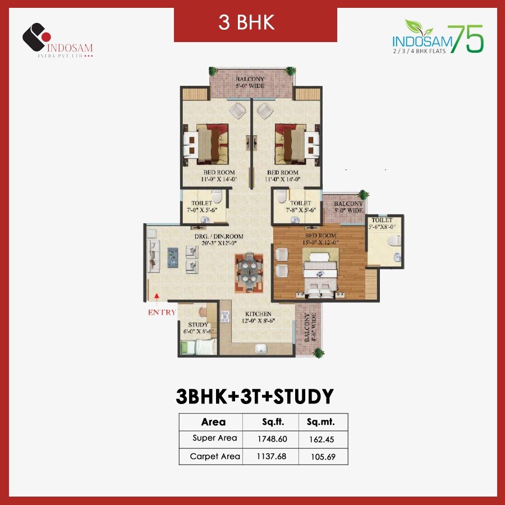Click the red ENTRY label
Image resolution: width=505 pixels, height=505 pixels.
tap(162, 313)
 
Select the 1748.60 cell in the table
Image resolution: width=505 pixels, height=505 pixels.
tap(270, 438)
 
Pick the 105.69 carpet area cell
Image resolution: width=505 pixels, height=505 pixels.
tap(323, 456)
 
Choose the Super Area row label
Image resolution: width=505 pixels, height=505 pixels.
tap(214, 438)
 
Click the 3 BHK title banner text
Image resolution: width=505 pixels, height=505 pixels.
tap(255, 24)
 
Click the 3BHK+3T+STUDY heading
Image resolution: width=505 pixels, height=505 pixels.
tap(255, 396)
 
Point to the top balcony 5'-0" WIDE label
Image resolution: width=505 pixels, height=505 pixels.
tap(250, 82)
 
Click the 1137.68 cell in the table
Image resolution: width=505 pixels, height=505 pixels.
tap(270, 456)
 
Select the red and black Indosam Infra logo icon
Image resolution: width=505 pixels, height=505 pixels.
tap(36, 37)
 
